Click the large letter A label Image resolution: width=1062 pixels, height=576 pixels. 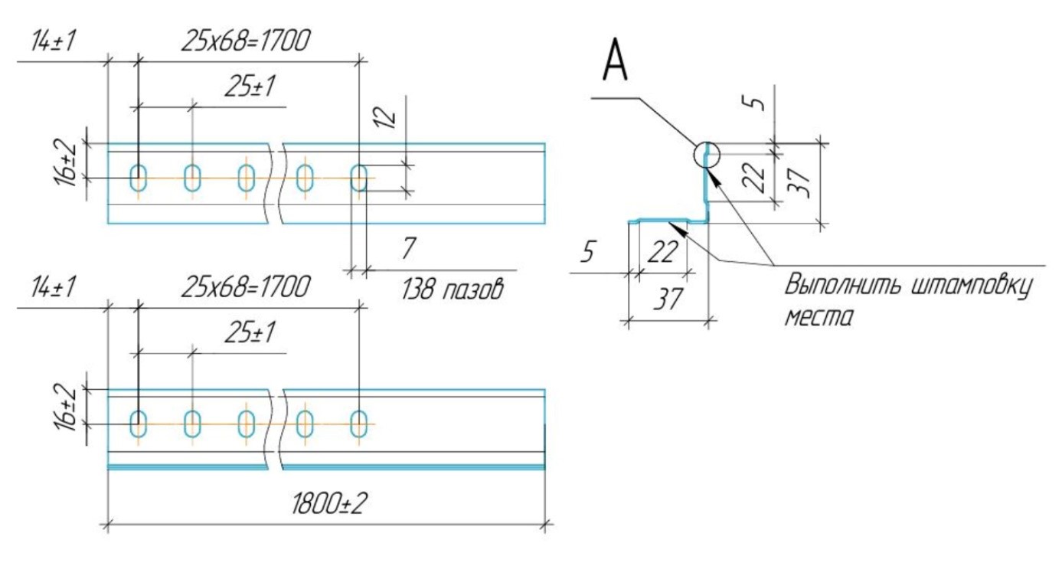615,61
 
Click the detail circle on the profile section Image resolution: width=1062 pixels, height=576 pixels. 694,155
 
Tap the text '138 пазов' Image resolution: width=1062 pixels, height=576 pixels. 453,289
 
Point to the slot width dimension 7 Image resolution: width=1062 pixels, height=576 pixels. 408,247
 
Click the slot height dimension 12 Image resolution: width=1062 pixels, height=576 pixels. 385,118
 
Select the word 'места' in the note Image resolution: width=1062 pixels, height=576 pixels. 819,317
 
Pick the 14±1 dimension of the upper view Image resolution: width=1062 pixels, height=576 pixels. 53,41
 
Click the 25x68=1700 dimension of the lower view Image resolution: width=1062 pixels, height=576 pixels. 246,286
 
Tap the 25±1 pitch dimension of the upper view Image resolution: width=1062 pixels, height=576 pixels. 250,87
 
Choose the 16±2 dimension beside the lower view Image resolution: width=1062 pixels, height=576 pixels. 65,407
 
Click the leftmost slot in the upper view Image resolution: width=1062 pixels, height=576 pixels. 138,178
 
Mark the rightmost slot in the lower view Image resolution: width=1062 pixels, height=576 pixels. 358,424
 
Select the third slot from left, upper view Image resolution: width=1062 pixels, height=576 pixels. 246,178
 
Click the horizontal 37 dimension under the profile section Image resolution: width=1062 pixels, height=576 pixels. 668,299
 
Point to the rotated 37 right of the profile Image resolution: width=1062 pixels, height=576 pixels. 799,182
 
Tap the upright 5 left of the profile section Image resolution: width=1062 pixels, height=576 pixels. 587,251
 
